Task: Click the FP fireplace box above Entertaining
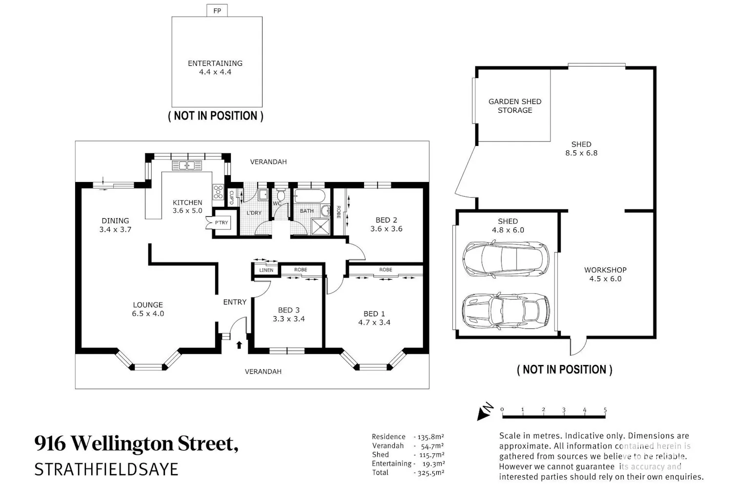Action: [x=217, y=10]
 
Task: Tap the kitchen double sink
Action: [x=187, y=166]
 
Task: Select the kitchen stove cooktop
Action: [x=218, y=192]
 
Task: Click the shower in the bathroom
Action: [x=321, y=227]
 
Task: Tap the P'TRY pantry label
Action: [x=221, y=223]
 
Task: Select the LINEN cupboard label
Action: [x=266, y=270]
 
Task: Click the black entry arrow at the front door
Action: [x=239, y=345]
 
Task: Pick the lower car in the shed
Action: [x=506, y=310]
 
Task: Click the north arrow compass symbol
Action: [x=485, y=411]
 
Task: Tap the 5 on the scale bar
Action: [x=605, y=409]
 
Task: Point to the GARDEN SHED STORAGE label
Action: [x=515, y=106]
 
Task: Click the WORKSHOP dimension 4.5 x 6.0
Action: [x=606, y=279]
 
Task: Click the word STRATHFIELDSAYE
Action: [x=106, y=469]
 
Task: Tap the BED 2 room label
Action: [x=386, y=220]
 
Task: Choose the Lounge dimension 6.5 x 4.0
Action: [x=148, y=313]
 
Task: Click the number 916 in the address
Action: [x=50, y=444]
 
